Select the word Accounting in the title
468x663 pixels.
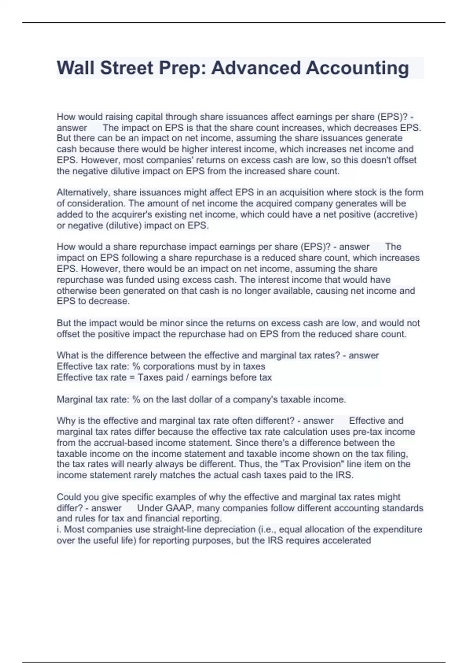pyautogui.click(x=357, y=68)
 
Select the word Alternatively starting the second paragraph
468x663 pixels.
pyautogui.click(x=83, y=193)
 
